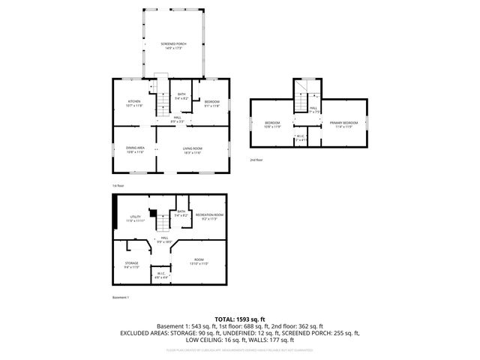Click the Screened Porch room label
174,46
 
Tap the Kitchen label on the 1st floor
134,103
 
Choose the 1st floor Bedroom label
212,103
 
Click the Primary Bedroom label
344,124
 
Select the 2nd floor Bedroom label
271,124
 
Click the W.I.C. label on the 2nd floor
301,138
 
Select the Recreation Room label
210,217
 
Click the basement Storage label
131,265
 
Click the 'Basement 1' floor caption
121,298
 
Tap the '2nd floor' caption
257,160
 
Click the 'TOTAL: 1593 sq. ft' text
239,319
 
